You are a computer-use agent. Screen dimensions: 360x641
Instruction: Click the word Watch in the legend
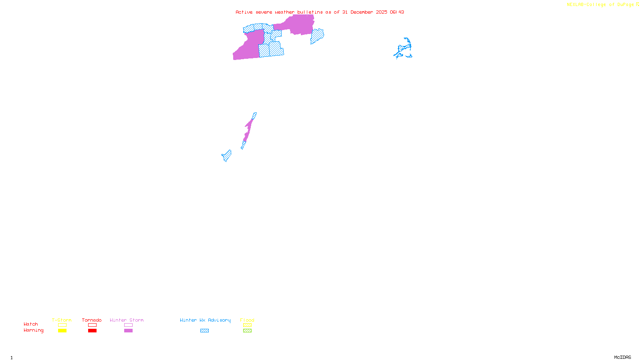click(31, 324)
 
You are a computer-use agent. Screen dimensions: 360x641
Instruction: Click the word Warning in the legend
click(33, 330)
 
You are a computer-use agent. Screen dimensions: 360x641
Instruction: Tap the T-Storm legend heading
click(62, 320)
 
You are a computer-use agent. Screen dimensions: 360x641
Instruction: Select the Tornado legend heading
click(92, 320)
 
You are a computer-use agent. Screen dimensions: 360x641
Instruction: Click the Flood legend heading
click(247, 320)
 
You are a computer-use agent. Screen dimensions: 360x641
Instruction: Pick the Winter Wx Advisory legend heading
click(205, 320)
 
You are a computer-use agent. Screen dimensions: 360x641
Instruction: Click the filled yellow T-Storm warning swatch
click(62, 331)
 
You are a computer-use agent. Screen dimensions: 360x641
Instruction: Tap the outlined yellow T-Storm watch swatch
click(62, 325)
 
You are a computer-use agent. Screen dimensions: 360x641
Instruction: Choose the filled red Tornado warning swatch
click(93, 331)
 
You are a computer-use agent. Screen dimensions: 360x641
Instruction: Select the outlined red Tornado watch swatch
click(93, 325)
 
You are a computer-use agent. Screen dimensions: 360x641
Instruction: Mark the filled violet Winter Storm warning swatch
click(128, 331)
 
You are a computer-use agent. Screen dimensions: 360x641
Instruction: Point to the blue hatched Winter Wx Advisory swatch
click(204, 331)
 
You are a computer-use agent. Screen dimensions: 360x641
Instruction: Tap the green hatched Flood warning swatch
click(247, 331)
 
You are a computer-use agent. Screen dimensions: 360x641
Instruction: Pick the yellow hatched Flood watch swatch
click(247, 325)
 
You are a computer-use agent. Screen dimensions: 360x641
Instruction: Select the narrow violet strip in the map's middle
click(248, 129)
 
